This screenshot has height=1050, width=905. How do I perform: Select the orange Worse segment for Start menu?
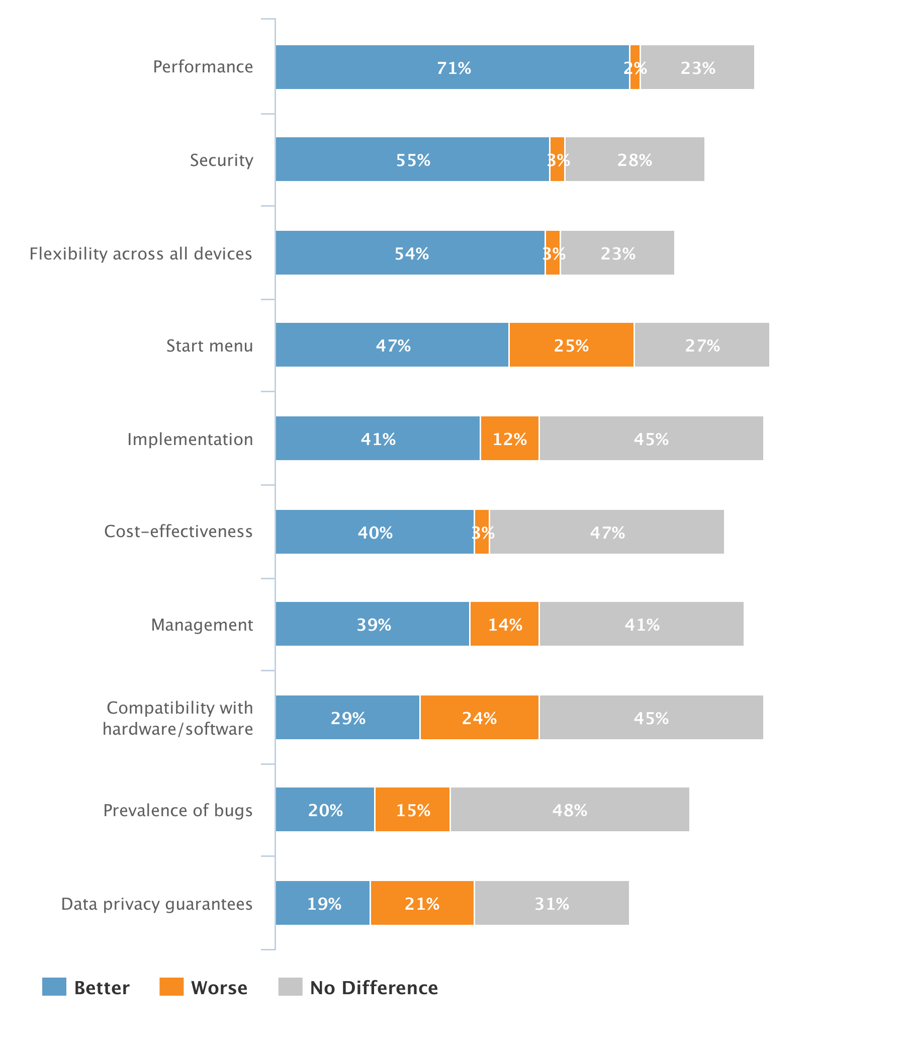571,344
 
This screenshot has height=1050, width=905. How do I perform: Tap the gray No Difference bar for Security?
635,159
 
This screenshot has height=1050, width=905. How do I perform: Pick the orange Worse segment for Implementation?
509,439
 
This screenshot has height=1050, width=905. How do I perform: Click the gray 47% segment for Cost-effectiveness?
606,532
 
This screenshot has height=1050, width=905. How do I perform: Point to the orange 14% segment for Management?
504,624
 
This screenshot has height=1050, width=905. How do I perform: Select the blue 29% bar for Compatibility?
347,717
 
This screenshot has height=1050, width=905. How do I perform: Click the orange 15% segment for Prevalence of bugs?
412,809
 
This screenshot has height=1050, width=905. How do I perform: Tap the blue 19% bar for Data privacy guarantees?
323,903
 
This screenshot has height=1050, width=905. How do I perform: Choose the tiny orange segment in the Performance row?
635,67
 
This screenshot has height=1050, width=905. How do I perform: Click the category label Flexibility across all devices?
140,253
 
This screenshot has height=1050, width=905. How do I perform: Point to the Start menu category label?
209,345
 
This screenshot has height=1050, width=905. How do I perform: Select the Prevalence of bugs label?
177,810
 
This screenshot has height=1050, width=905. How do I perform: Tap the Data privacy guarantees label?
156,904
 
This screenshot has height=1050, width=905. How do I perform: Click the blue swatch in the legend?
54,987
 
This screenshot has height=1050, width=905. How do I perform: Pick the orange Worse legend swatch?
171,987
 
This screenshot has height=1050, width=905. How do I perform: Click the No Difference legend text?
374,988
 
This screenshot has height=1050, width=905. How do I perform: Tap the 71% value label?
454,68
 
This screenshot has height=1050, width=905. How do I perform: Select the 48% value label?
570,810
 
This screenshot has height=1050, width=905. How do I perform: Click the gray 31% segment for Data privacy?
552,903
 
